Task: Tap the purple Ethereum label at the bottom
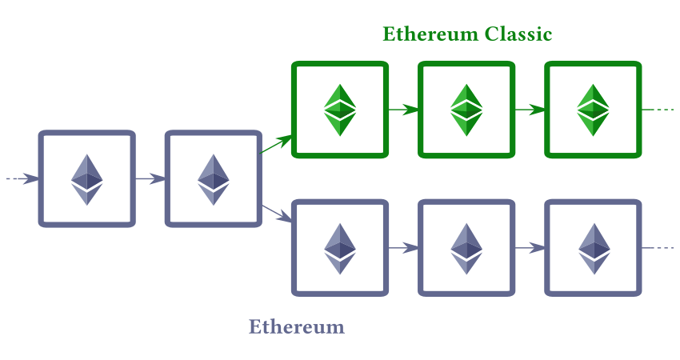coord(297,326)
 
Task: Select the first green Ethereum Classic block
coord(340,110)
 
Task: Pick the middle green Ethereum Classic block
coord(466,110)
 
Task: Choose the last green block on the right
coord(593,110)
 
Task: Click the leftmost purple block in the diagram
coord(87,178)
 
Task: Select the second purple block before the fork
coord(214,178)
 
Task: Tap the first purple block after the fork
coord(340,248)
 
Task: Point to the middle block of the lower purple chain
coord(466,248)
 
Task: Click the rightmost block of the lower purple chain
coord(593,248)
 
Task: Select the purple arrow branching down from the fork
coord(277,214)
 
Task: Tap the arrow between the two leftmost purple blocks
coord(150,178)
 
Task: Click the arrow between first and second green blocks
coord(403,110)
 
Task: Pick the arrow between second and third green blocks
coord(530,110)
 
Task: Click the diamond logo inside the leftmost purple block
coord(87,178)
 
